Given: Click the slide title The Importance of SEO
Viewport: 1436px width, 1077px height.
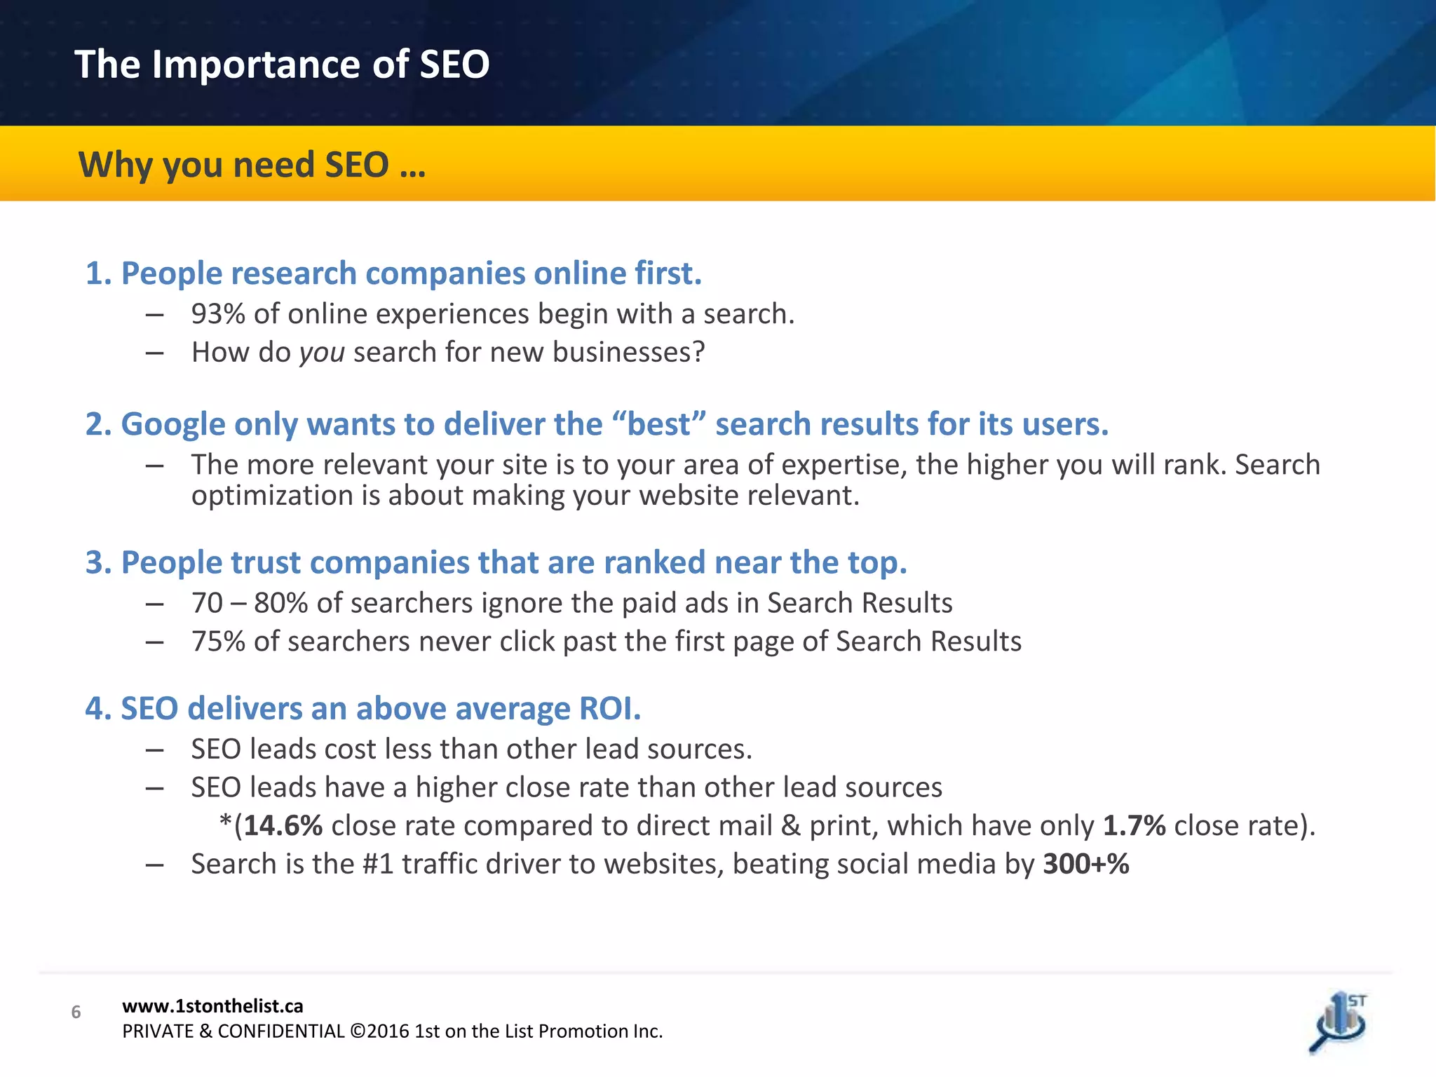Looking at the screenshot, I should click(x=282, y=65).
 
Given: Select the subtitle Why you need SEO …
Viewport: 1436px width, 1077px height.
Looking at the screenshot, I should click(x=252, y=165).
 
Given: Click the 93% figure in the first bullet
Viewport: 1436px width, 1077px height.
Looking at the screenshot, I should click(x=218, y=314).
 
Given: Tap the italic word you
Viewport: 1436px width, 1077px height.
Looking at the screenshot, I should click(x=322, y=353).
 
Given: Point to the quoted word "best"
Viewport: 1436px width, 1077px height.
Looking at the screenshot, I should click(x=658, y=424).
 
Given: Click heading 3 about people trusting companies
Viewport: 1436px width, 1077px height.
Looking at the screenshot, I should click(x=496, y=562).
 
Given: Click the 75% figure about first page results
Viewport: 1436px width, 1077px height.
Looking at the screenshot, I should click(x=218, y=642).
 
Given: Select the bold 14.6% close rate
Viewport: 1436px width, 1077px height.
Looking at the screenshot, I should click(x=283, y=825).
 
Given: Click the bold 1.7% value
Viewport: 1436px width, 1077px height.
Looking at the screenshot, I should click(x=1134, y=825).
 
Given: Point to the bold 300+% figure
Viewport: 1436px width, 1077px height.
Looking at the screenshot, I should click(x=1085, y=864).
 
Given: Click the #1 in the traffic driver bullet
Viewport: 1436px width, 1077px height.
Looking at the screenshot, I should click(x=378, y=864).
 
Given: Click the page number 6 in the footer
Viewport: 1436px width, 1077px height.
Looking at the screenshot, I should click(x=76, y=1012).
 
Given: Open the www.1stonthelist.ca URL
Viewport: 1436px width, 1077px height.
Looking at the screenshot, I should click(x=212, y=1006).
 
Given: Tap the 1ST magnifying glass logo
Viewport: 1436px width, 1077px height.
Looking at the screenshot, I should click(x=1339, y=1023).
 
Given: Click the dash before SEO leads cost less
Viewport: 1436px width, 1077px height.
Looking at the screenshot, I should click(x=155, y=750).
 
